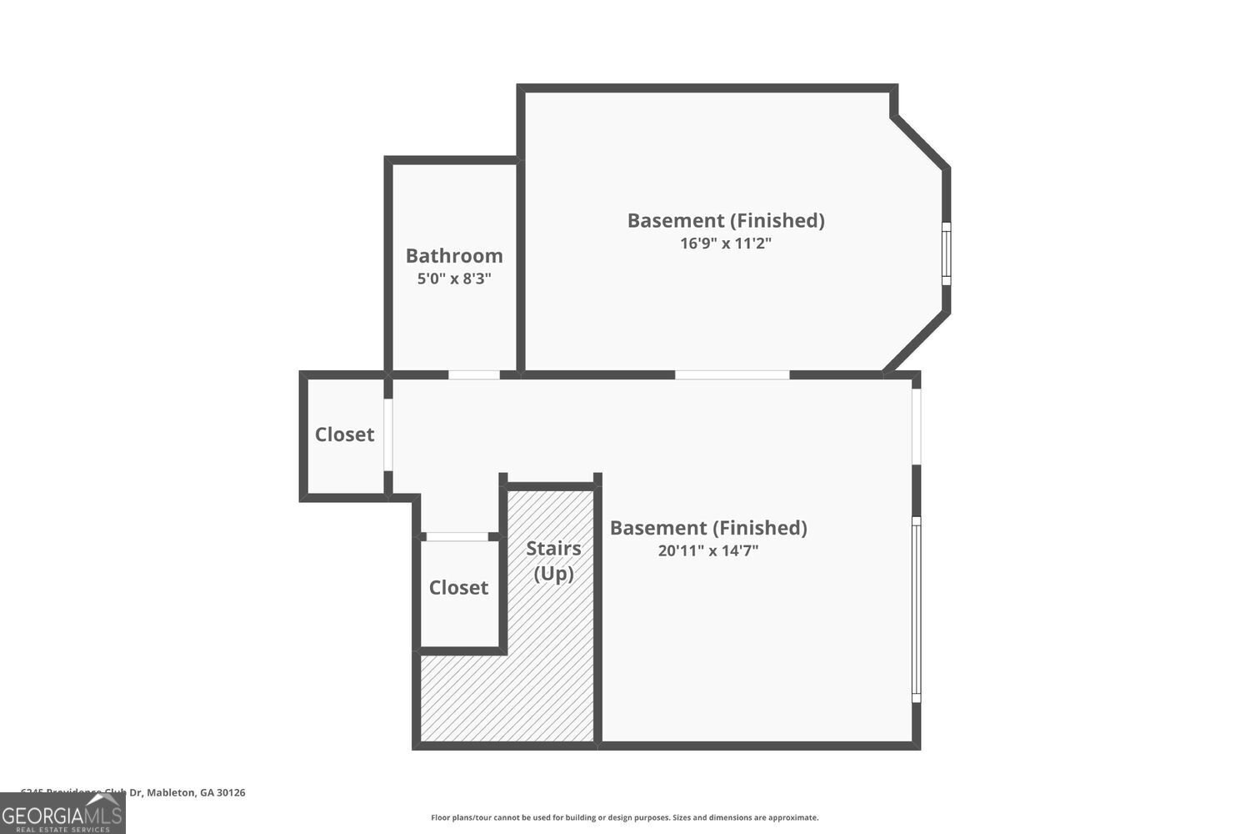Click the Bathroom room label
[454, 256]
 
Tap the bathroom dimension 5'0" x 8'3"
[454, 279]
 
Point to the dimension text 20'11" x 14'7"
[707, 550]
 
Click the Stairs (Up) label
[553, 560]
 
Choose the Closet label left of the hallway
[344, 435]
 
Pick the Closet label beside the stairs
[458, 588]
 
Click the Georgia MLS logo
[62, 812]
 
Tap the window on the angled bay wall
[946, 254]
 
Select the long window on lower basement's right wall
[916, 609]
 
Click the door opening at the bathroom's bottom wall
[474, 375]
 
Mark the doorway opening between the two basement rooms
[732, 375]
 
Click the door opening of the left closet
[388, 435]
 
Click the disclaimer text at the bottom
[624, 818]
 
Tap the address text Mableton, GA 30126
[196, 793]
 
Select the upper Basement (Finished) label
[726, 221]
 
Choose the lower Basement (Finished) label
[708, 528]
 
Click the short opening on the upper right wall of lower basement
[916, 426]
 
